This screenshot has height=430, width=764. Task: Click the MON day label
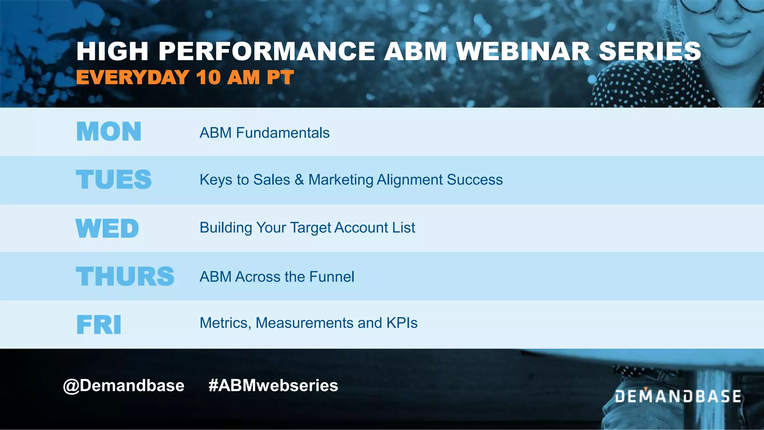[x=109, y=131]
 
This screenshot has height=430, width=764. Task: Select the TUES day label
[x=114, y=180]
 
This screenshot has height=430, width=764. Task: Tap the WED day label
[x=107, y=228]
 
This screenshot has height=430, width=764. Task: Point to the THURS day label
[x=125, y=277]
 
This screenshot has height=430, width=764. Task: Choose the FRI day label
[x=99, y=324]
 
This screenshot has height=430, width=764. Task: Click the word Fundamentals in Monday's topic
[x=283, y=133]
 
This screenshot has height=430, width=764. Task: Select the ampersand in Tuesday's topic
[x=299, y=180]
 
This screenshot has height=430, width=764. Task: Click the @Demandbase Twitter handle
[x=123, y=386]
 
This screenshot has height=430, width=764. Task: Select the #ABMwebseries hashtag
[x=273, y=386]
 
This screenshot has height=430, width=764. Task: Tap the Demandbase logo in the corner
[x=678, y=396]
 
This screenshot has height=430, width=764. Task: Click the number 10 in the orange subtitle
[x=209, y=78]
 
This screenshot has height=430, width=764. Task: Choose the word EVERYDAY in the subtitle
[x=133, y=78]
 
